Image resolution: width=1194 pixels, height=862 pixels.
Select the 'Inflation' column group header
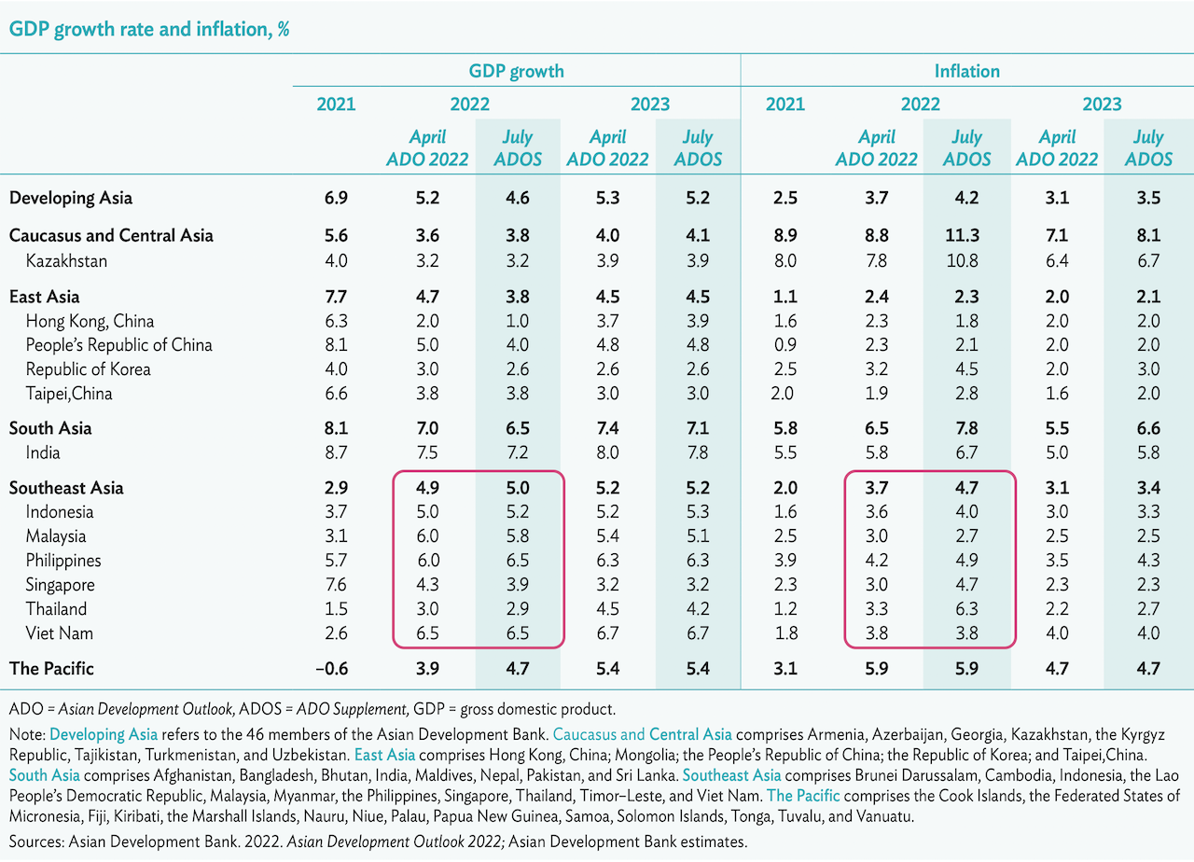pyautogui.click(x=966, y=71)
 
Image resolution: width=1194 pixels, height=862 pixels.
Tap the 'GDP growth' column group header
pyautogui.click(x=516, y=71)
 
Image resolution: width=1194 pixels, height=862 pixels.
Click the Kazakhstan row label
pyautogui.click(x=66, y=260)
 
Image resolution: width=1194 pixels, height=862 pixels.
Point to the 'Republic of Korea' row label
pyautogui.click(x=88, y=368)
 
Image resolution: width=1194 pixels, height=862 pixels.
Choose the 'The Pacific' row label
pyautogui.click(x=51, y=668)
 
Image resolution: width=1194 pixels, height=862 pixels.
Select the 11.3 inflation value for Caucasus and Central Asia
pyautogui.click(x=966, y=236)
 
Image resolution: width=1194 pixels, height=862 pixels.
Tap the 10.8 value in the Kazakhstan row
pyautogui.click(x=966, y=260)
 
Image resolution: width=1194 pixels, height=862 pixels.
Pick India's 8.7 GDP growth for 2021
pyautogui.click(x=336, y=452)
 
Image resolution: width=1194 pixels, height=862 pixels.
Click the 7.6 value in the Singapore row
pyautogui.click(x=336, y=585)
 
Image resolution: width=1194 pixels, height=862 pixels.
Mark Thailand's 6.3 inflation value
pyautogui.click(x=966, y=609)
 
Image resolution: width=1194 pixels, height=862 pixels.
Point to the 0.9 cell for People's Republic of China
pyautogui.click(x=785, y=344)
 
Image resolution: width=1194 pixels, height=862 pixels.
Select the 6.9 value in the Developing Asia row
pyautogui.click(x=336, y=198)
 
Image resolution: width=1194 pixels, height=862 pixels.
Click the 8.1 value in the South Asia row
pyautogui.click(x=336, y=428)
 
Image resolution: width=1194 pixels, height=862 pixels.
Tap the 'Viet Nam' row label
pyautogui.click(x=60, y=633)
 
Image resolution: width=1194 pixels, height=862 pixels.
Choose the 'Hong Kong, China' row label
pyautogui.click(x=90, y=321)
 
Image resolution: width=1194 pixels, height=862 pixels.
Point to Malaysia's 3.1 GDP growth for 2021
pyautogui.click(x=336, y=536)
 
